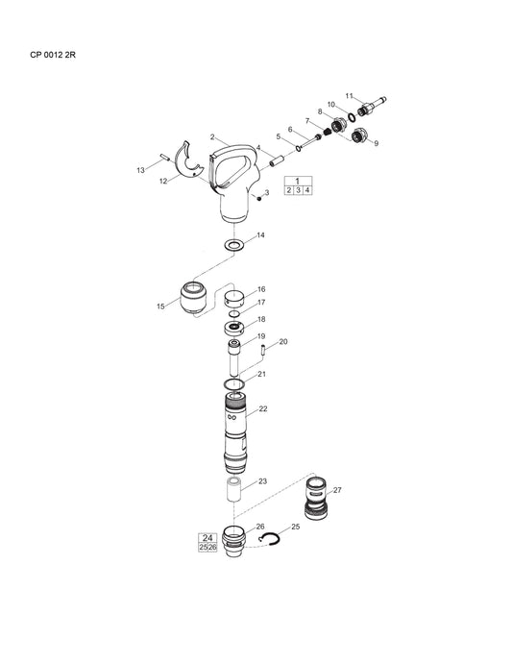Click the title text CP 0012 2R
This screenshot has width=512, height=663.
(53, 55)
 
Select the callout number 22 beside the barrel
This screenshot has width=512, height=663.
(263, 408)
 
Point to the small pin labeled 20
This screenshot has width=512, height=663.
(262, 351)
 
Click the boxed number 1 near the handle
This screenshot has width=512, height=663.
(298, 181)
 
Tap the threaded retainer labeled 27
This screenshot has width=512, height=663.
(316, 503)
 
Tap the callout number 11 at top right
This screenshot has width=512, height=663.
(350, 95)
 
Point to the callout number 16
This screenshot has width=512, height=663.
(261, 289)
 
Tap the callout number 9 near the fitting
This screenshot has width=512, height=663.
(376, 144)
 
